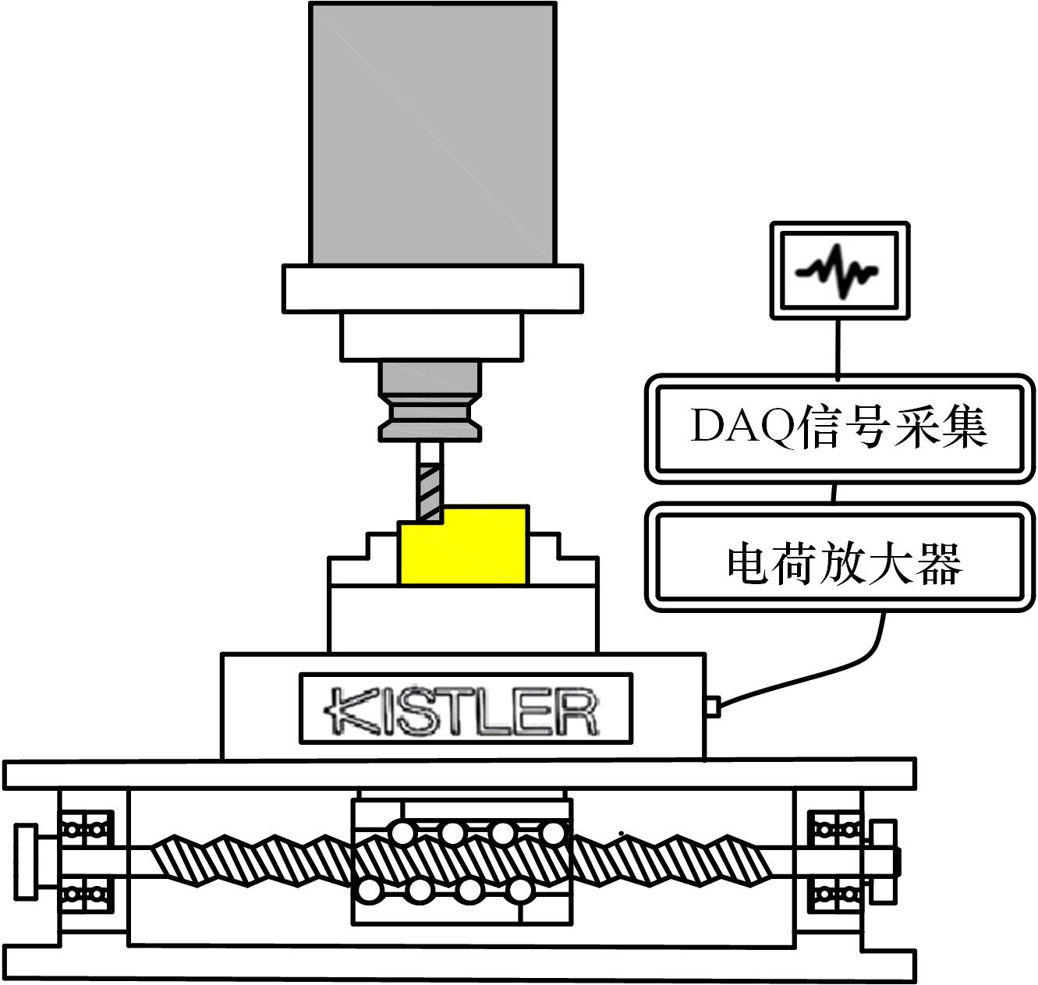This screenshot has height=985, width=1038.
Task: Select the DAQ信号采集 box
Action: [x=839, y=428]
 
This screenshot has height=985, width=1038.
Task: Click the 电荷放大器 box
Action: [x=839, y=558]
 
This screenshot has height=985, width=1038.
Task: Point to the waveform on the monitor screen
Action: [x=837, y=271]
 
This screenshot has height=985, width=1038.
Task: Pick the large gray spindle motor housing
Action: [x=432, y=134]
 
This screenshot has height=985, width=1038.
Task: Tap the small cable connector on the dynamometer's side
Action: [x=713, y=707]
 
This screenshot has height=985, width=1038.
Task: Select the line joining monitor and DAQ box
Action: [x=838, y=348]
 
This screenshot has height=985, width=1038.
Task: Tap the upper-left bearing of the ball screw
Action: [x=85, y=830]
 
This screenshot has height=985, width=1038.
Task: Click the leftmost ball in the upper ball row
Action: [x=402, y=834]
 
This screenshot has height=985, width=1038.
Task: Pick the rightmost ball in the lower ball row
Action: [x=519, y=891]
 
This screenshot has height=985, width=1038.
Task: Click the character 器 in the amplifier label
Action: [x=940, y=565]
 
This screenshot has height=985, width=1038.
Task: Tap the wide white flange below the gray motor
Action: [x=432, y=289]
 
